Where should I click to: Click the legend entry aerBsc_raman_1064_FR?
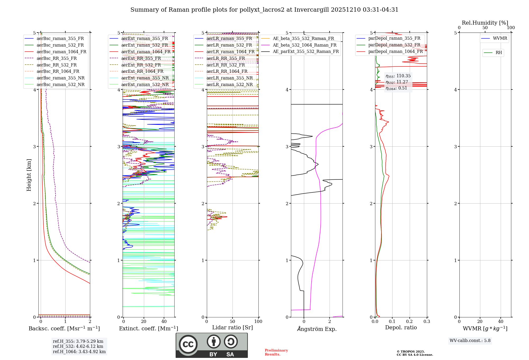[61, 52]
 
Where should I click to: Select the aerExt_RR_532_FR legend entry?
[141, 65]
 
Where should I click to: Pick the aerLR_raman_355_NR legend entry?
[230, 78]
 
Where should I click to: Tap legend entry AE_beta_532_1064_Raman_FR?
[304, 45]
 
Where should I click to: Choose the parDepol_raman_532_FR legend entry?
[394, 45]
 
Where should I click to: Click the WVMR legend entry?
[500, 38]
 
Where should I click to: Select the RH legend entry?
[499, 53]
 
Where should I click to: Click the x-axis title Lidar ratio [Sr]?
[232, 327]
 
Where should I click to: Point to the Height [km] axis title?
[29, 175]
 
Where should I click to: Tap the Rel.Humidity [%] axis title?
[485, 23]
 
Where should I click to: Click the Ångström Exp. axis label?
[317, 329]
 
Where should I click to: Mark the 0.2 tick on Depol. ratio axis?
[409, 322]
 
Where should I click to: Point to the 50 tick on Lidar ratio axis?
[232, 322]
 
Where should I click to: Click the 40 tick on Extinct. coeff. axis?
[164, 322]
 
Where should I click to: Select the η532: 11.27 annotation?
[397, 82]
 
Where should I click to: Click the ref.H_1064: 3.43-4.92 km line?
[79, 352]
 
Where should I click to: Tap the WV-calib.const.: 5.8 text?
[470, 341]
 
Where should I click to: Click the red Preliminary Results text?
[276, 352]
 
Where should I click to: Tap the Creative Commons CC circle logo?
[188, 344]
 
